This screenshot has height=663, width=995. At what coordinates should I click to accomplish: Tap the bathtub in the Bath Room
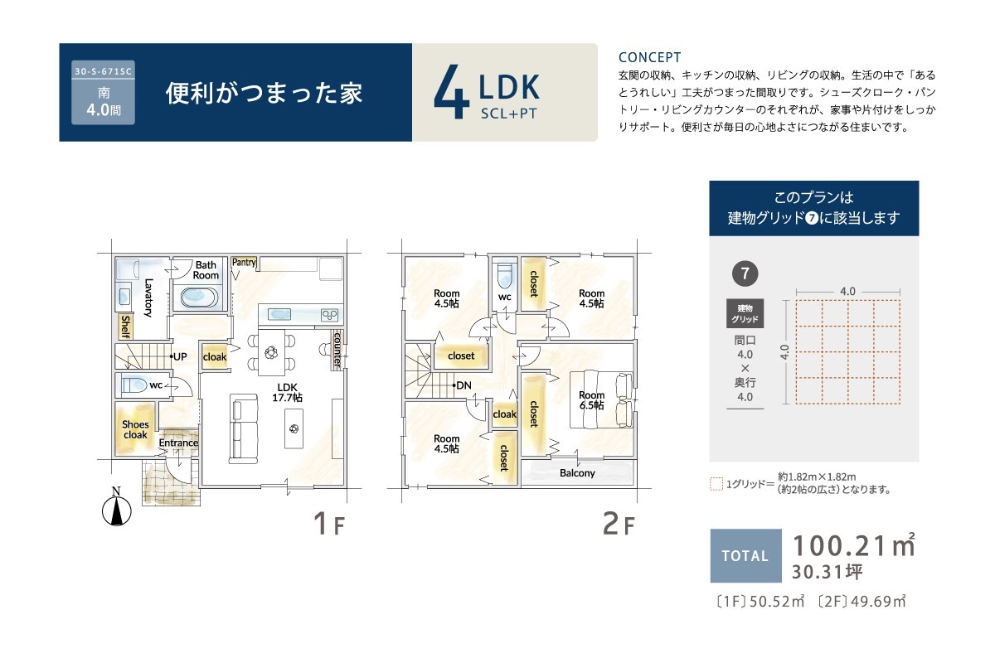(200, 297)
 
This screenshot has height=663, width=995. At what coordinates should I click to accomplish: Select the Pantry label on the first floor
(244, 263)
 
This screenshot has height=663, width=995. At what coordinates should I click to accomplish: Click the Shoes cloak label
(135, 429)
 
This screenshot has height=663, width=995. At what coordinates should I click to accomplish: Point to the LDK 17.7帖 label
(288, 393)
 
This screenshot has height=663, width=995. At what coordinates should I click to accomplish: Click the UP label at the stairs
(180, 356)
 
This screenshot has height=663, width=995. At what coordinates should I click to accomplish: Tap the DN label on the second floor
(464, 385)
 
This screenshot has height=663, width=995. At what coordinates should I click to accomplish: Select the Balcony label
(577, 473)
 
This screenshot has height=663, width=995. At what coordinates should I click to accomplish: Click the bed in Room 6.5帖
(601, 399)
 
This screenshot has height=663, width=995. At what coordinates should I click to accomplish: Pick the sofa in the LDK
(244, 428)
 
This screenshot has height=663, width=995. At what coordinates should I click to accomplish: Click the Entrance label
(178, 443)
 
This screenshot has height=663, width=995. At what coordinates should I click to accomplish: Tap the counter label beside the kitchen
(337, 349)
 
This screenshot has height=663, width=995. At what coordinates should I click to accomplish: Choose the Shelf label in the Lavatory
(126, 327)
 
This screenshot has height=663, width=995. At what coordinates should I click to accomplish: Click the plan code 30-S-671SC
(103, 71)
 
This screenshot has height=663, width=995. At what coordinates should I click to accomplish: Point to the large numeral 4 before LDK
(452, 91)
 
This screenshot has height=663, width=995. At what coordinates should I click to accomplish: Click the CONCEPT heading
(649, 57)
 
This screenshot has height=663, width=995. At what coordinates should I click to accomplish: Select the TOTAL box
(745, 555)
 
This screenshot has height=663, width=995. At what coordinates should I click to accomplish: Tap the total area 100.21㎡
(854, 545)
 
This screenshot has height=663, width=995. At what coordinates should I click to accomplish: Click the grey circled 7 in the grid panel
(745, 273)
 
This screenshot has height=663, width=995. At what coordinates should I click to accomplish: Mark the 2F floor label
(619, 524)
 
